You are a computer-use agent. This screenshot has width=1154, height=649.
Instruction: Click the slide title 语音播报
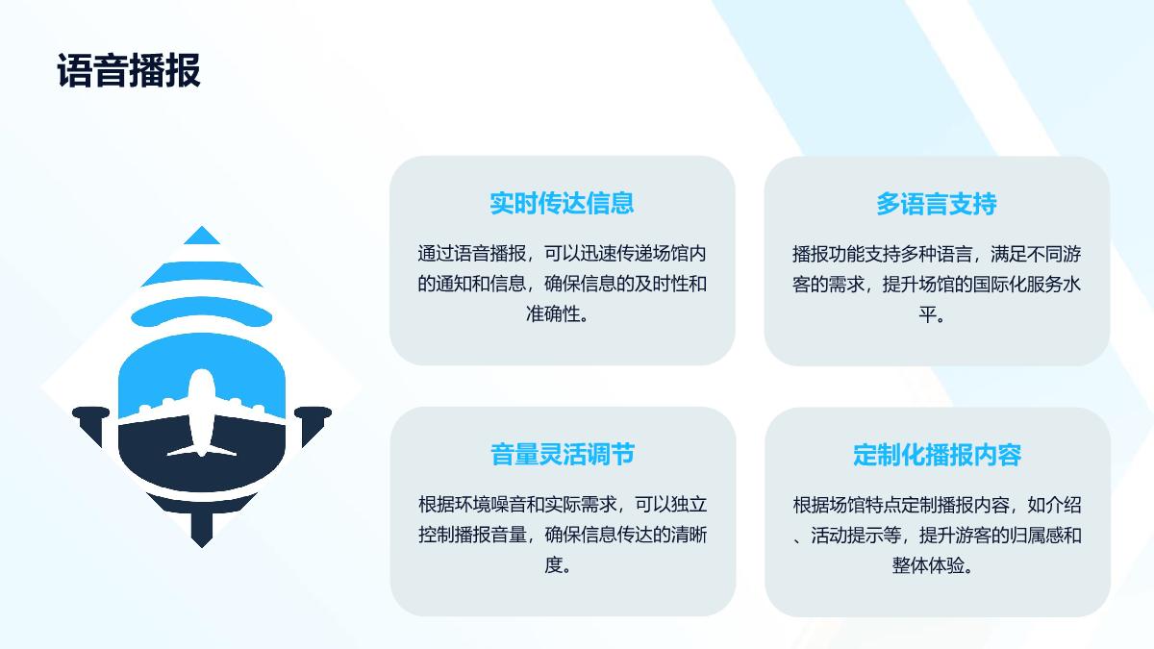(x=129, y=70)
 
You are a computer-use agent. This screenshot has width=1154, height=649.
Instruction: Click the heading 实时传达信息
(x=562, y=203)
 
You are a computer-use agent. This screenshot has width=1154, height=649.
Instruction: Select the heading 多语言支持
(x=937, y=204)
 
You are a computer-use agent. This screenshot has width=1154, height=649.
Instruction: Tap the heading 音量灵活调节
(x=563, y=454)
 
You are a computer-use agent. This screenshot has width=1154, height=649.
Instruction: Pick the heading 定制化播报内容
(x=937, y=455)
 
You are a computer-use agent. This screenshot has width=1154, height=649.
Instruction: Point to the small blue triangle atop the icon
(x=201, y=235)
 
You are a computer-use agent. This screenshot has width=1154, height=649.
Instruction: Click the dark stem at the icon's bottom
(x=201, y=529)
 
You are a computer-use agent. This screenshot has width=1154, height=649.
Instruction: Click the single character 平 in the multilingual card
(x=928, y=314)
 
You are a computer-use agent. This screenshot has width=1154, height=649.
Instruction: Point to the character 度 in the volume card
(x=553, y=565)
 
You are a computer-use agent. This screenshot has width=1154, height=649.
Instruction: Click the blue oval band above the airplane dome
(x=201, y=312)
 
